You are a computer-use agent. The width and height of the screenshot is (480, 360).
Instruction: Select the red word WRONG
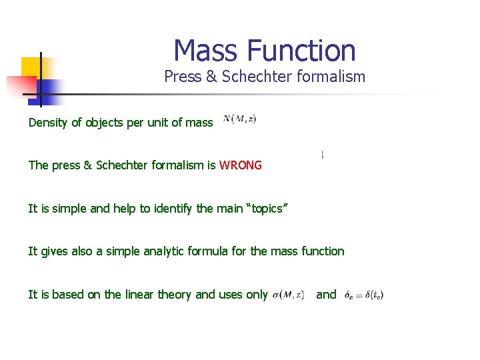[240, 165]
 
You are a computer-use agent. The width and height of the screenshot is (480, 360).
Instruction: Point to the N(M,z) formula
[239, 119]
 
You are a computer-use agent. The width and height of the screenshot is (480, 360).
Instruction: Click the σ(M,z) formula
[289, 295]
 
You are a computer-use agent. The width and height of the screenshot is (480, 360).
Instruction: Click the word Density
[48, 123]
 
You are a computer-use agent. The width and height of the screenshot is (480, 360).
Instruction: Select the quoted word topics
[267, 209]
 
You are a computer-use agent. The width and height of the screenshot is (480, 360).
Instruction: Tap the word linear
[141, 295]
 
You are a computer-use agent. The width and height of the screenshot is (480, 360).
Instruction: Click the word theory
[176, 295]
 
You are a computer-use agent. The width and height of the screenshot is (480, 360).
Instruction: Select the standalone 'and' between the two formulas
[326, 295]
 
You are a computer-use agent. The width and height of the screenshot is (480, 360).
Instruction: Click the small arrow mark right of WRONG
[323, 155]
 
